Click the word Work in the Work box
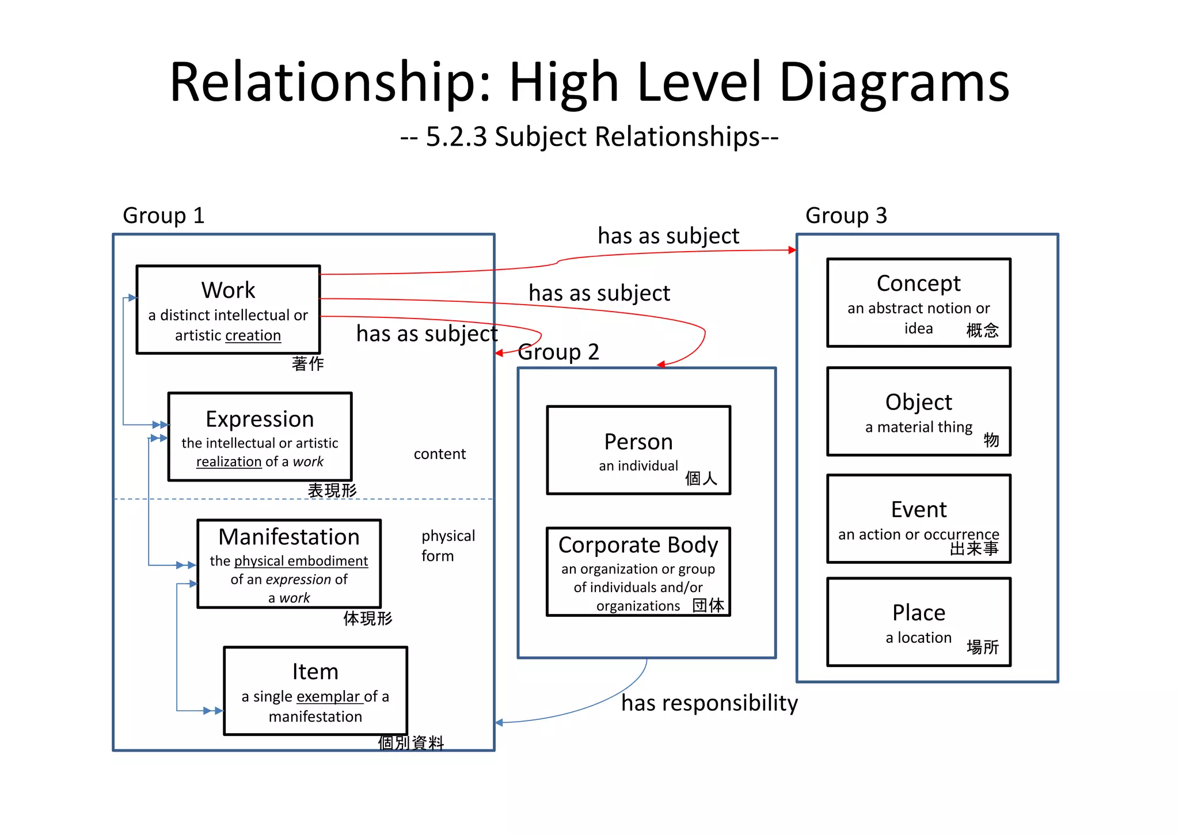point(228,290)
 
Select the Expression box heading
point(260,419)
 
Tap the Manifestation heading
point(289,537)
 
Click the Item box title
point(315,672)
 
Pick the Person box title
point(638,442)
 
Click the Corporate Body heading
point(638,545)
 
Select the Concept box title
point(918,283)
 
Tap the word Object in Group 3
point(918,402)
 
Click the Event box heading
point(918,510)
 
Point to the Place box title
point(918,613)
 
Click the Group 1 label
point(163,215)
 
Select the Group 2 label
point(558,352)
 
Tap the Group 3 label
point(846,215)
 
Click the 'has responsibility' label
point(709,703)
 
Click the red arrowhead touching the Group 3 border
point(793,250)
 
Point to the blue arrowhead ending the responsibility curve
point(499,722)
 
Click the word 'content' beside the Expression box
point(439,454)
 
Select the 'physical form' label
point(447,545)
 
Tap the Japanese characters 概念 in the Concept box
point(982,331)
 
